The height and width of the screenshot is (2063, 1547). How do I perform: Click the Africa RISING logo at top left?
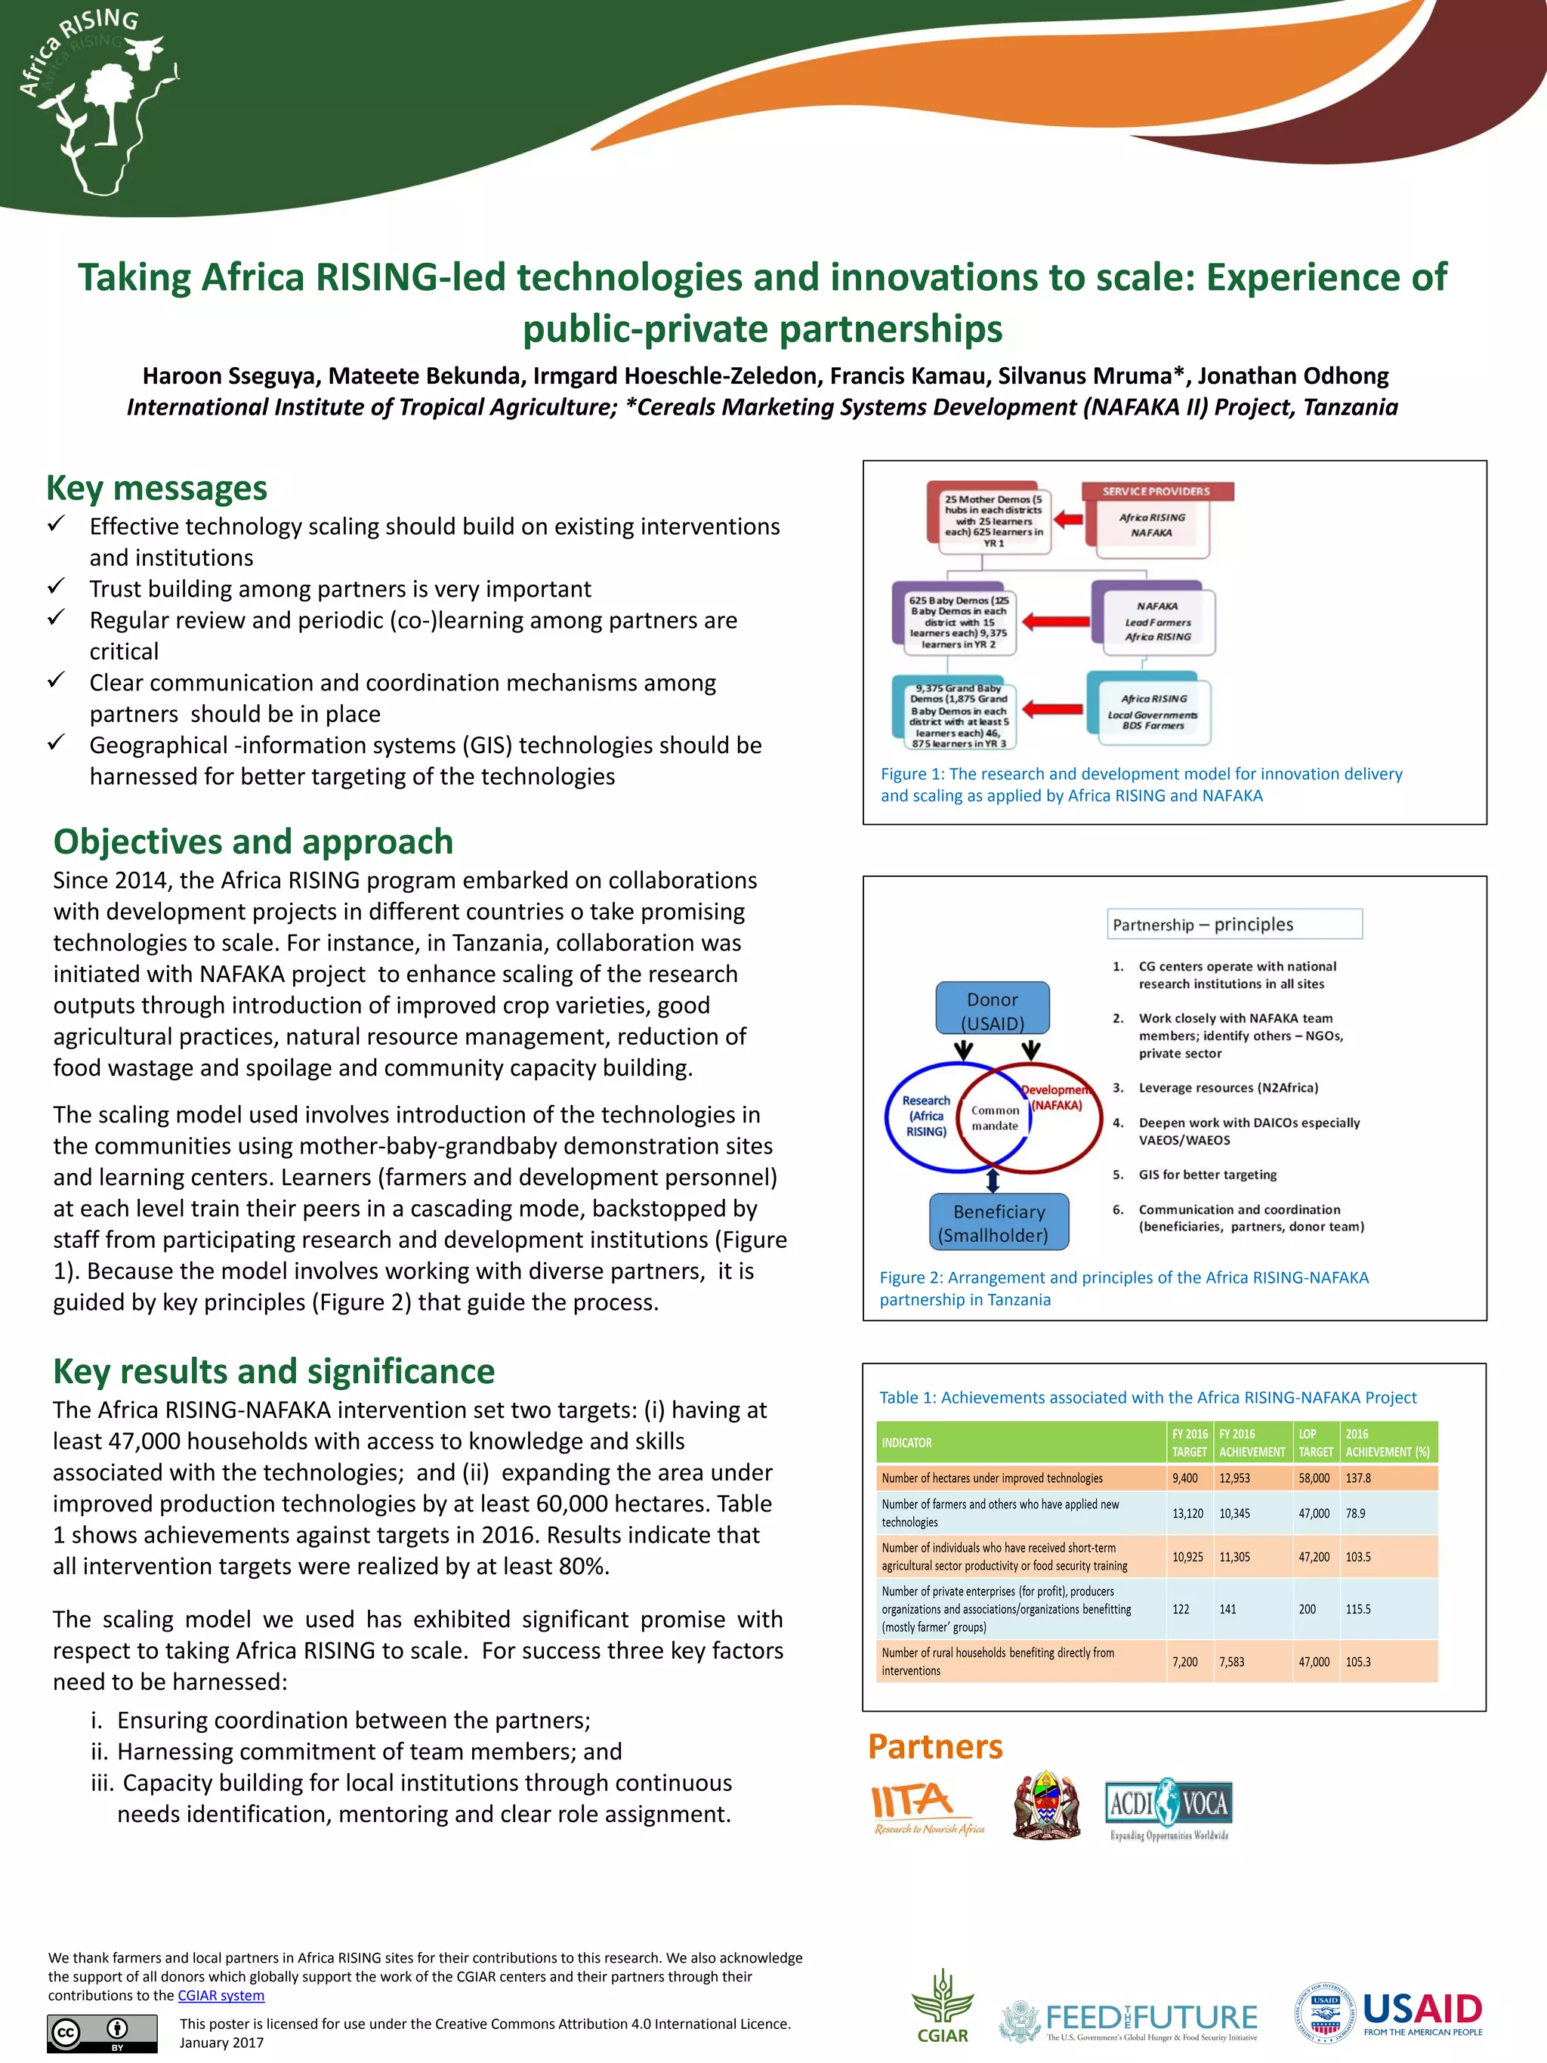98,103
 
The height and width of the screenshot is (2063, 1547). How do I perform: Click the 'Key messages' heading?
156,489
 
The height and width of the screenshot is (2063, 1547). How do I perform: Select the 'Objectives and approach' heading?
253,842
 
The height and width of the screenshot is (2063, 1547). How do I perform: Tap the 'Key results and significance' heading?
273,1371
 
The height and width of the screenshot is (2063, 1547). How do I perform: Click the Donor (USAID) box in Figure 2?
992,1010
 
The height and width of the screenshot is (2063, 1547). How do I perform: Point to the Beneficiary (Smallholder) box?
999,1223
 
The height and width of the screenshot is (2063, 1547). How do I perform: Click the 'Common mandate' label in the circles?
995,1117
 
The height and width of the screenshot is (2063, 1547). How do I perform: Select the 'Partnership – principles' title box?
1234,925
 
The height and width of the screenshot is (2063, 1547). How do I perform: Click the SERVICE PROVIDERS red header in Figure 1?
1156,492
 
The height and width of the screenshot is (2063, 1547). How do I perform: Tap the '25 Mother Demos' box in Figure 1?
991,520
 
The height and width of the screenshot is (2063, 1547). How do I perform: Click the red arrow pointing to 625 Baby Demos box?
1054,621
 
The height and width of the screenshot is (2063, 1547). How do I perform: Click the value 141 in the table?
1228,1609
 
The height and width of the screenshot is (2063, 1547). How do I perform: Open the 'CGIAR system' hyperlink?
221,1996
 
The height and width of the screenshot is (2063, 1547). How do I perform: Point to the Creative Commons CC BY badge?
103,2033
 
